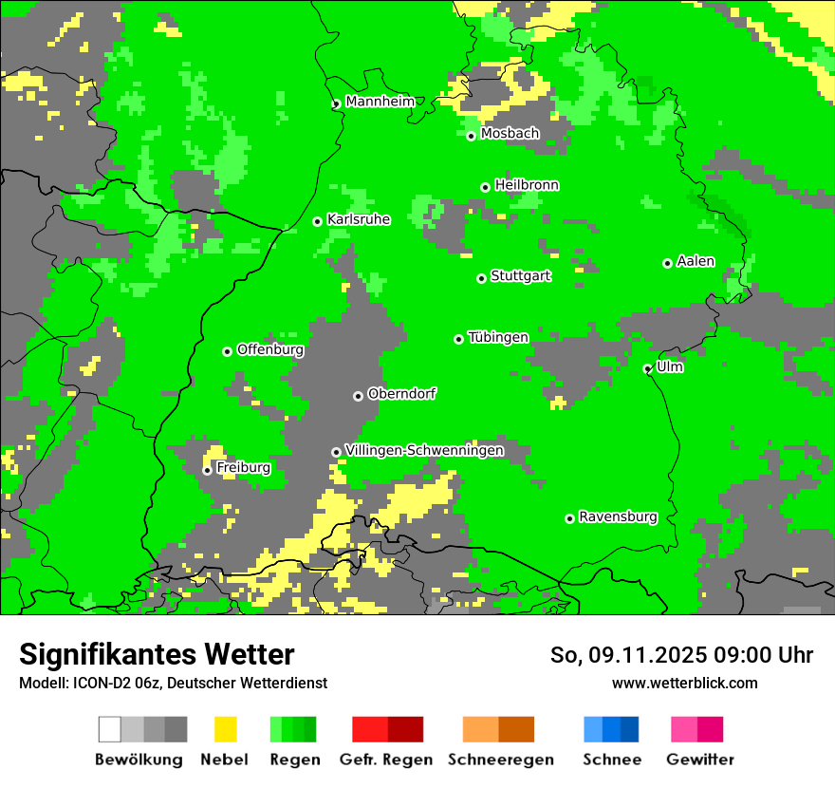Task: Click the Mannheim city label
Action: coord(380,102)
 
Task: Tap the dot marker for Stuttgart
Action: coord(481,278)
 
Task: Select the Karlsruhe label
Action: coord(359,219)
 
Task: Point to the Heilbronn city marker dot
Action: coord(485,187)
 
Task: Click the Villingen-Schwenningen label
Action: coord(424,450)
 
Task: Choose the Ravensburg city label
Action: coord(618,516)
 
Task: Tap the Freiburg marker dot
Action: coord(207,470)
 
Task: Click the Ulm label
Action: coord(670,366)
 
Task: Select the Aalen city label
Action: coord(696,261)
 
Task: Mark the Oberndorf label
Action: coord(401,394)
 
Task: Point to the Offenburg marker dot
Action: coord(227,351)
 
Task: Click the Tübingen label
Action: coord(498,337)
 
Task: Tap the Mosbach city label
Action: coord(510,134)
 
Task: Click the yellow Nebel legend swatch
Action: coord(225,729)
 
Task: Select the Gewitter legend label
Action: coord(700,760)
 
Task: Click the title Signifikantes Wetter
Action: coord(157,654)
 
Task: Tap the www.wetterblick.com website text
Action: coord(684,683)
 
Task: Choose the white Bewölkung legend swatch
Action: coord(109,729)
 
